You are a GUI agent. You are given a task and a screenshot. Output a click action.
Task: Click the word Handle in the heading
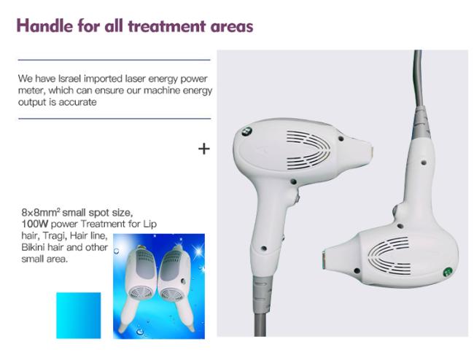click(x=44, y=26)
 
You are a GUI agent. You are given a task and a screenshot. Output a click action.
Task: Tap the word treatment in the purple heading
click(x=167, y=26)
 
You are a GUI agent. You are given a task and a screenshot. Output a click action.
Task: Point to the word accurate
click(x=78, y=102)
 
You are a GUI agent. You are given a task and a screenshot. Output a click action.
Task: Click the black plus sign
click(x=204, y=149)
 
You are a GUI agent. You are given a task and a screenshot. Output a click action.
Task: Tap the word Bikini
click(x=33, y=247)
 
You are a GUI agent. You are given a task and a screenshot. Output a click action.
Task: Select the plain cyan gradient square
click(x=79, y=316)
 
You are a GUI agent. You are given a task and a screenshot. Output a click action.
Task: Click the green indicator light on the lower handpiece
click(x=448, y=272)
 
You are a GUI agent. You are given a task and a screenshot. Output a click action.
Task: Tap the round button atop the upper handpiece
click(x=246, y=131)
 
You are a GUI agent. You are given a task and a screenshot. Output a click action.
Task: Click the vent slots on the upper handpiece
click(x=308, y=150)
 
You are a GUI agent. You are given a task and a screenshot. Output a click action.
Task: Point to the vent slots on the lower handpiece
click(x=389, y=255)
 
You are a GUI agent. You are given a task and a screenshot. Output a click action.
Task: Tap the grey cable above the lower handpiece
click(x=418, y=79)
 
